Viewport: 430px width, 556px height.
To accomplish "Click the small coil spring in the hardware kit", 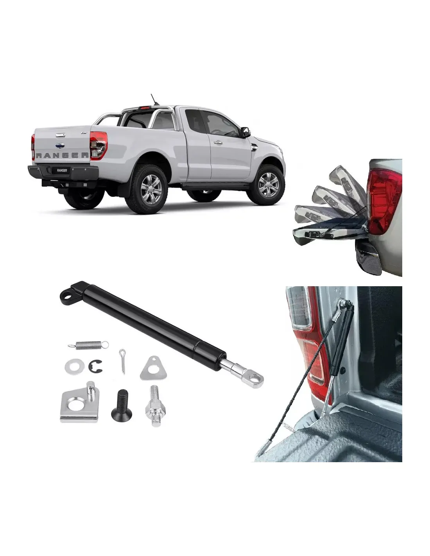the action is [x=88, y=345].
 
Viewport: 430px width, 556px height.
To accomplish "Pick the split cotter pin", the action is [x=123, y=361].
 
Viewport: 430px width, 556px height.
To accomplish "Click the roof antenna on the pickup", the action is [x=154, y=100].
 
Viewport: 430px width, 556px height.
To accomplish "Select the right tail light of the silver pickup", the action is [x=99, y=145].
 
